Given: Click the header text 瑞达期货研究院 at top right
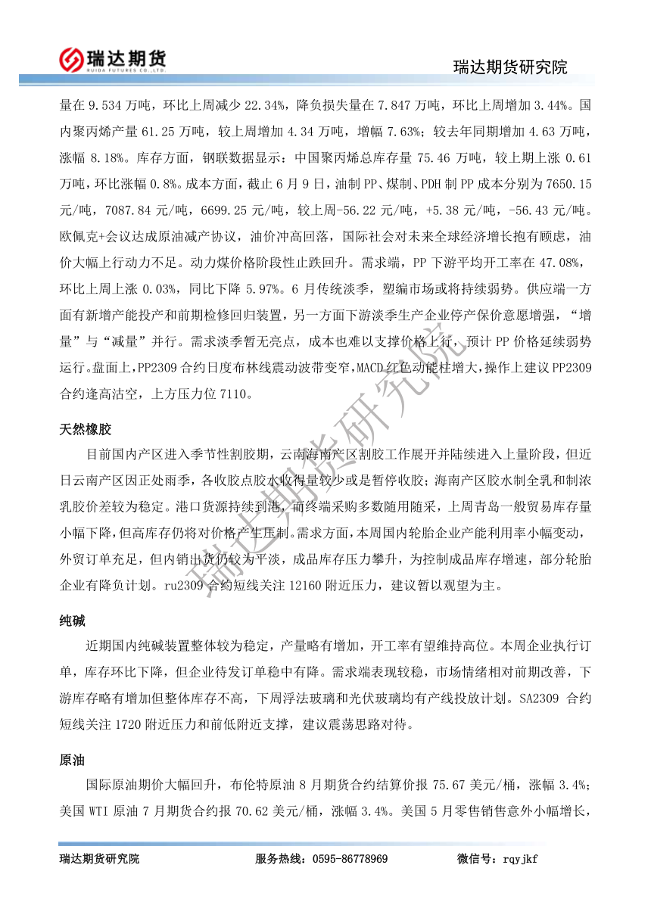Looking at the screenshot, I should pyautogui.click(x=510, y=67).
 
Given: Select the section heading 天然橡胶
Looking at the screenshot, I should pyautogui.click(x=86, y=429).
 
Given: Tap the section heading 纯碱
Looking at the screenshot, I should pyautogui.click(x=73, y=621).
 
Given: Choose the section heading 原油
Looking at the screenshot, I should pyautogui.click(x=73, y=759).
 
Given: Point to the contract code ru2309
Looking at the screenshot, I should pyautogui.click(x=184, y=585).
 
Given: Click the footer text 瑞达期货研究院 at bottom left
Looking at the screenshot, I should pyautogui.click(x=99, y=859).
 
